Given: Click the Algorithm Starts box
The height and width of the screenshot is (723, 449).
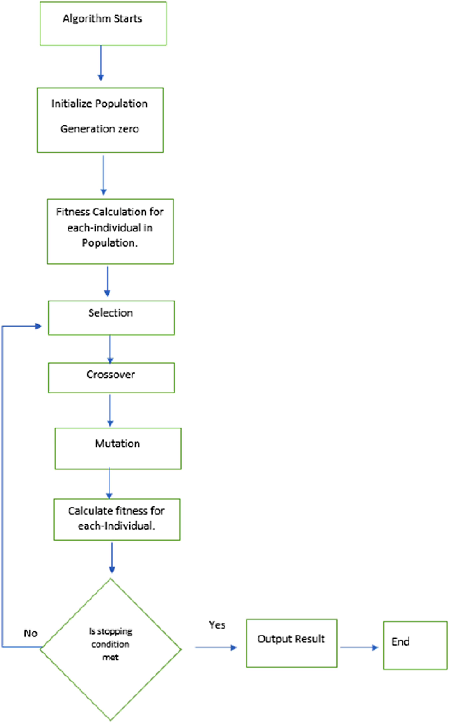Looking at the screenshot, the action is tap(103, 23).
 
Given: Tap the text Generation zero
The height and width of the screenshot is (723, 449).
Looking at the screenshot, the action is tap(99, 129).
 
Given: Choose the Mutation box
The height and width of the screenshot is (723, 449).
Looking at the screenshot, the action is tap(118, 448).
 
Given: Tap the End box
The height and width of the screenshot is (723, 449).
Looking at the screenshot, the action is tap(415, 645).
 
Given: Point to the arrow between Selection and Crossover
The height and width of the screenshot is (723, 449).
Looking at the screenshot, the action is tap(110, 349).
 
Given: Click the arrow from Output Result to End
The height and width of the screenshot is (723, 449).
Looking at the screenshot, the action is tap(359, 648).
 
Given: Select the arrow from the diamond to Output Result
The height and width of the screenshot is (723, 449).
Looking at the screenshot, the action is tap(216, 648).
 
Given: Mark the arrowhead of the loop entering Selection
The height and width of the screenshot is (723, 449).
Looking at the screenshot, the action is tap(39, 326).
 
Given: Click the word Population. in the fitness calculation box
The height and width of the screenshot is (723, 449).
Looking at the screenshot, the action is tap(110, 243).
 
